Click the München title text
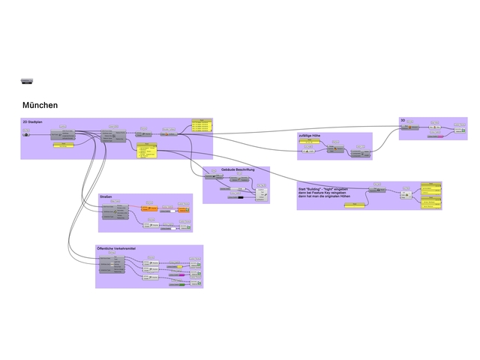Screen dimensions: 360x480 (x=40, y=105)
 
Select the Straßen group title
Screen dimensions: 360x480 (x=106, y=196)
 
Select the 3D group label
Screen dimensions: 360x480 (x=403, y=120)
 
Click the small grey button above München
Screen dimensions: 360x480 (x=28, y=81)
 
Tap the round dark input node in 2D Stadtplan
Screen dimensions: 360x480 (x=27, y=134)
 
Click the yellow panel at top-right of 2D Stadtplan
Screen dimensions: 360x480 (x=202, y=126)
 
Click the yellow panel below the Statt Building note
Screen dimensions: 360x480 (x=349, y=205)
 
